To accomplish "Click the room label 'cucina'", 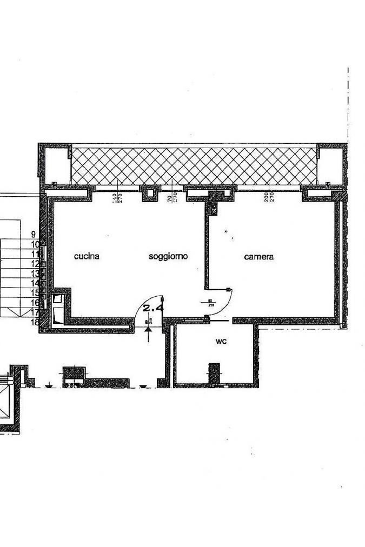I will pos(87,257).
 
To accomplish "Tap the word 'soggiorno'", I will pos(168,257).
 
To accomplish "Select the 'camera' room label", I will pos(258,257).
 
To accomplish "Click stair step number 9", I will pos(34,235).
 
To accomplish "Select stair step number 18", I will pos(35,322).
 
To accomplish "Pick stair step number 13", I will pos(35,273).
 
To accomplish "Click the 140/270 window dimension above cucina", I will pos(116,198).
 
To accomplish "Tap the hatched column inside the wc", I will pos(215,372).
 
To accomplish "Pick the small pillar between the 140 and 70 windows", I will pos(150,193).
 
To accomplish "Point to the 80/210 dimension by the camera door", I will pos(208,303).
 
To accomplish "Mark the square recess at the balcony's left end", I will pos(55,163).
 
